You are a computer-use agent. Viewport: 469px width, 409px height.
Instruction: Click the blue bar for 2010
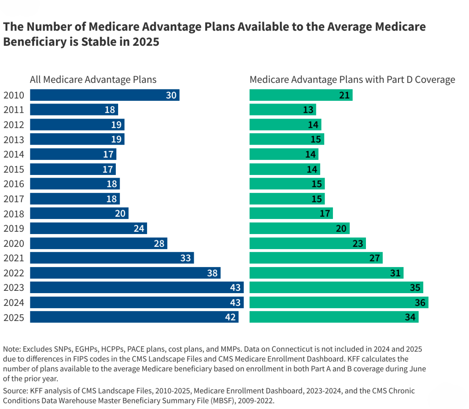point(104,95)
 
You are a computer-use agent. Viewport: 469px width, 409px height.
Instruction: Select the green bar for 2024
point(338,302)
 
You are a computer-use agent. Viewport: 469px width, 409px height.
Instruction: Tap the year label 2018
point(15,214)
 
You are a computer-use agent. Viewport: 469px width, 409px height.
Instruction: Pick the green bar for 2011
point(283,110)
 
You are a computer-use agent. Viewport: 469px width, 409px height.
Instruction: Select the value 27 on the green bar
point(374,258)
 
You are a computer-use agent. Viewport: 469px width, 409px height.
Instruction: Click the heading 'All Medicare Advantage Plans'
point(93,80)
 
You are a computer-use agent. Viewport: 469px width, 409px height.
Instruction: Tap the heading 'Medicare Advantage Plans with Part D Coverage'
point(352,80)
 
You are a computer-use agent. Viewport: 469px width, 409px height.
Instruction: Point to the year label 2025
point(15,317)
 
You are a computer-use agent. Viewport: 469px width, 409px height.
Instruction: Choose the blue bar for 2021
point(112,258)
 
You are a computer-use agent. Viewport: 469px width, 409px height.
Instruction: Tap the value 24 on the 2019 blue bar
point(139,229)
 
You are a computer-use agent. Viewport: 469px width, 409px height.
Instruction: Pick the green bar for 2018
point(291,214)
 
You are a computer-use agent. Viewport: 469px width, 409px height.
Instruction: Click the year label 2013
point(15,140)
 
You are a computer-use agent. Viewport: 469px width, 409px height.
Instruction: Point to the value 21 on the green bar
point(344,95)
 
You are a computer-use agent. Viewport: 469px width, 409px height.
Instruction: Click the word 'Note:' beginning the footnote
point(13,349)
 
